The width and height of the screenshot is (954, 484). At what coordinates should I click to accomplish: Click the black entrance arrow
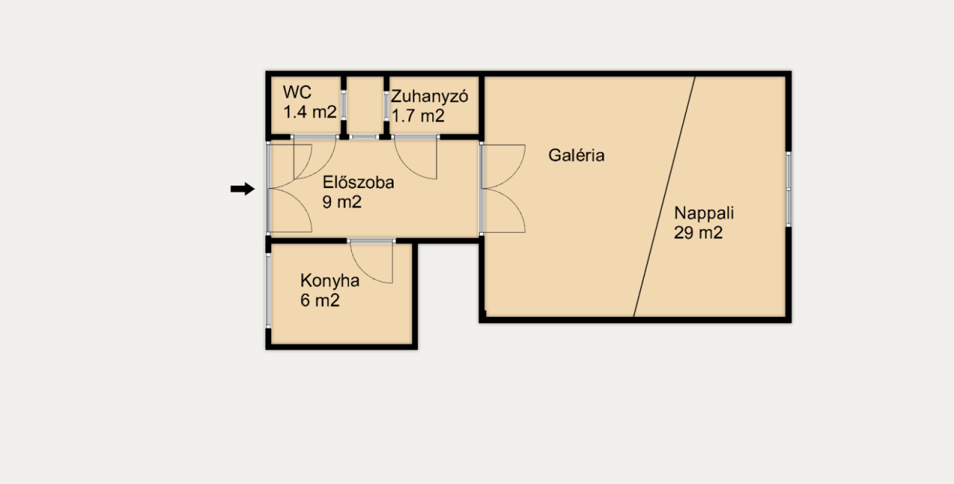pyautogui.click(x=242, y=189)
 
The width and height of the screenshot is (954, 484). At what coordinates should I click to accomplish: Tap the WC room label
pyautogui.click(x=297, y=93)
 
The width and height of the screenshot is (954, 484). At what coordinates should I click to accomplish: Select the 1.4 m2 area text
pyautogui.click(x=310, y=113)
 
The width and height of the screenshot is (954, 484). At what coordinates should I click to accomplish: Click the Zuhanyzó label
pyautogui.click(x=429, y=96)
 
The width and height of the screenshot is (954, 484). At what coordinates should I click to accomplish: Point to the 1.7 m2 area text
pyautogui.click(x=418, y=116)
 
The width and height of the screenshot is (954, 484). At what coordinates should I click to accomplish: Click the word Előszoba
pyautogui.click(x=358, y=182)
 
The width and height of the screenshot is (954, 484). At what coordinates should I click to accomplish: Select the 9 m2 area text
pyautogui.click(x=341, y=201)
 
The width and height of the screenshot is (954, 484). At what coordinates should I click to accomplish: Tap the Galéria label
pyautogui.click(x=576, y=156)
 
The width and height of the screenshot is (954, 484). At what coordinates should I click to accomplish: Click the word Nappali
pyautogui.click(x=704, y=213)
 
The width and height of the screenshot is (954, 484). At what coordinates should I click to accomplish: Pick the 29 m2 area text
pyautogui.click(x=698, y=232)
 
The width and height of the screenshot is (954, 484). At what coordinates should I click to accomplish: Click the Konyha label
pyautogui.click(x=329, y=281)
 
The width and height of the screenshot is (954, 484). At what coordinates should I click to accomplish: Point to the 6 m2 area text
pyautogui.click(x=320, y=301)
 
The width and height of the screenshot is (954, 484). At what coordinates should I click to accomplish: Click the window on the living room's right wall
pyautogui.click(x=789, y=189)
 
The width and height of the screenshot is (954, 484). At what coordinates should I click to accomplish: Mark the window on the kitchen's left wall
pyautogui.click(x=268, y=291)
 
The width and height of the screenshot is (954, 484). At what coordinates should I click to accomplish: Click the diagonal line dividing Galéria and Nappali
pyautogui.click(x=664, y=198)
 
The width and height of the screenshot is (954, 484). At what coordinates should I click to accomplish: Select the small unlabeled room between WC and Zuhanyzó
pyautogui.click(x=365, y=105)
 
